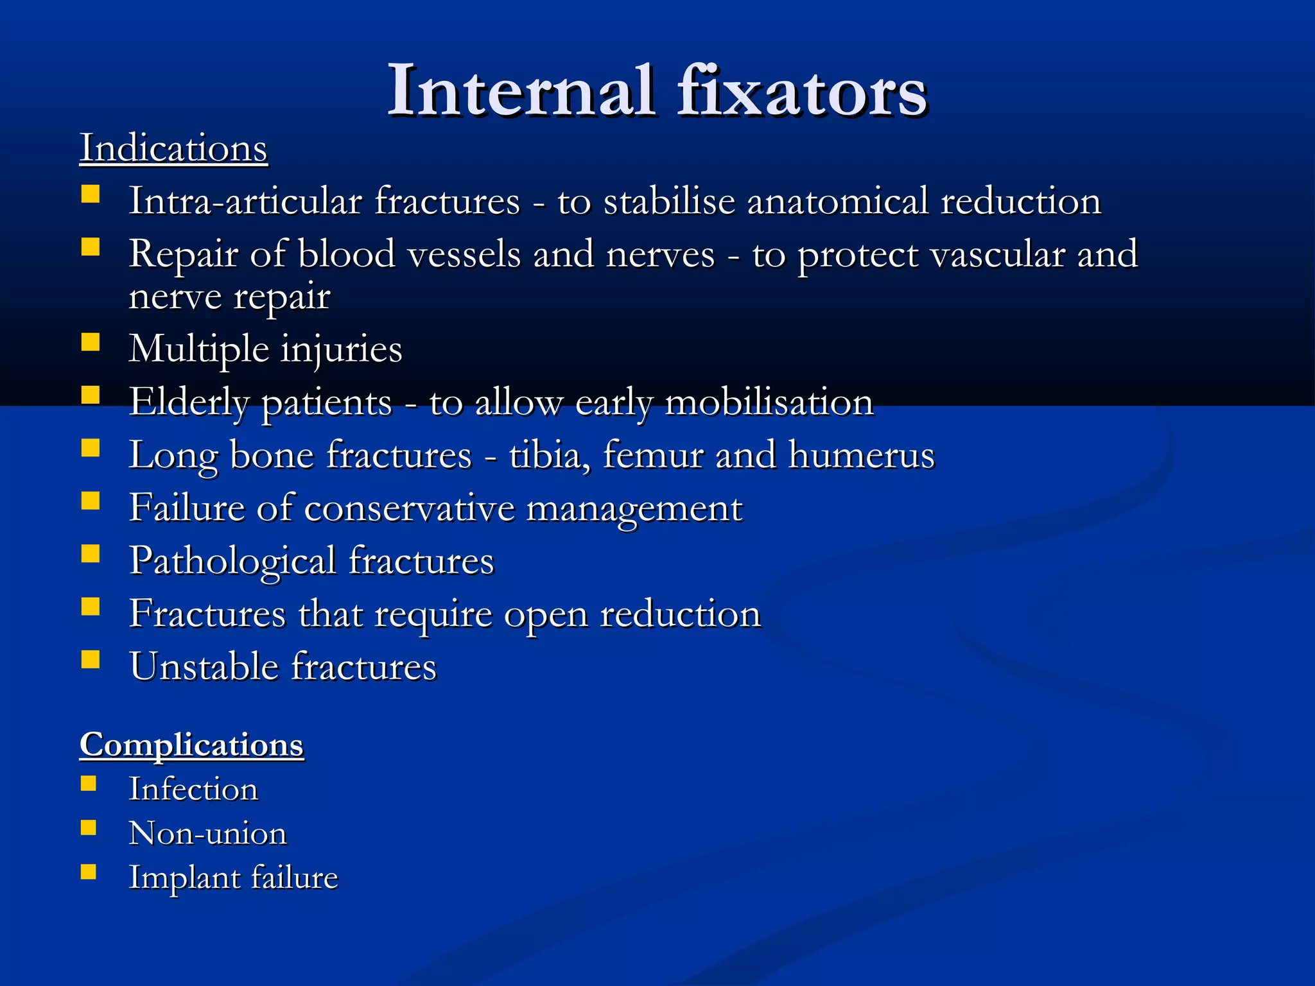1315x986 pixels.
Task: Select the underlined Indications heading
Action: [173, 148]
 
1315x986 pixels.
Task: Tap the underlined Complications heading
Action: [191, 745]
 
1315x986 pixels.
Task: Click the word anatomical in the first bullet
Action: [837, 201]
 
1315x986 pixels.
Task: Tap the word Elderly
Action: [189, 402]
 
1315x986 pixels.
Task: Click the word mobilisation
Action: [769, 402]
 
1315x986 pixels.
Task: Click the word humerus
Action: [861, 455]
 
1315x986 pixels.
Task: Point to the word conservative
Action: [409, 508]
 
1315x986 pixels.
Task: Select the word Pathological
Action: [232, 561]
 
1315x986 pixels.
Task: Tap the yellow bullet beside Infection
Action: [89, 783]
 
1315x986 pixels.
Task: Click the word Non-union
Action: [207, 834]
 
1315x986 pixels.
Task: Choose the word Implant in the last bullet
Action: [183, 878]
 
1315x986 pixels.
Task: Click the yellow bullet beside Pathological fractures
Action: [91, 553]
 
